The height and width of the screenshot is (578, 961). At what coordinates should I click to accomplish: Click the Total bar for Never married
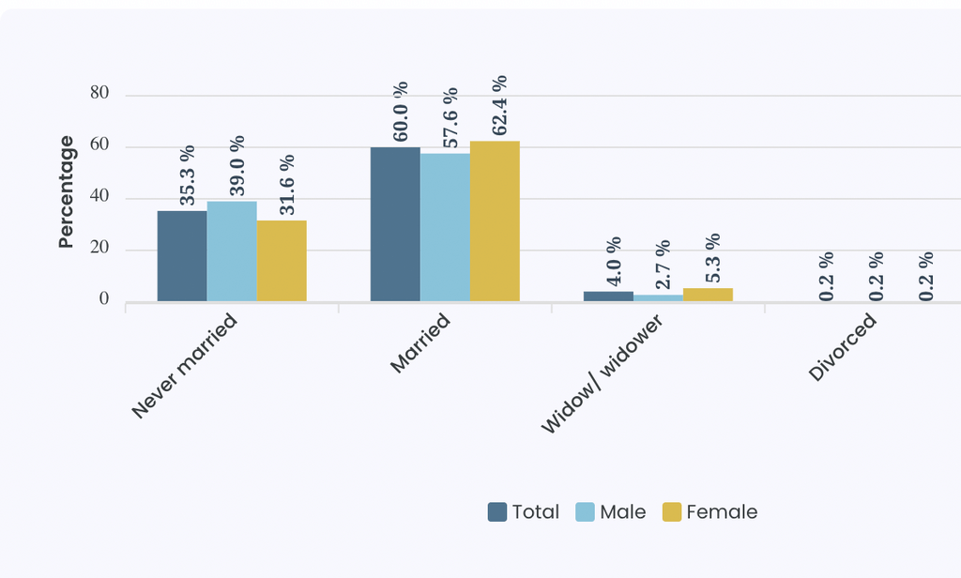182,256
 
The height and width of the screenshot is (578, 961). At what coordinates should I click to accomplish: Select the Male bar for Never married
232,251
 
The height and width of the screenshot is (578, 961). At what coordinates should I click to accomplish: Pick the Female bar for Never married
282,261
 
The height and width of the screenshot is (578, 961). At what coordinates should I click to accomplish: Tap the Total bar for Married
395,224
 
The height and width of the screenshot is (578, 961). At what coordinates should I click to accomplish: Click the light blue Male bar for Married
445,227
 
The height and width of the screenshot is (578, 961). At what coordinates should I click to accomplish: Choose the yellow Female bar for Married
495,221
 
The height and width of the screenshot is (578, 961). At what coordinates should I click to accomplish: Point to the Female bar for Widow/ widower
708,295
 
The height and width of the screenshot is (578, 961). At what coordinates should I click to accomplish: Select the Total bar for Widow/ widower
608,297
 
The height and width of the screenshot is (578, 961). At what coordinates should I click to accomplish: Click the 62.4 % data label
499,105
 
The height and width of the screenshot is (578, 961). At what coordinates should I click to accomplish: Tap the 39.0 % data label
237,165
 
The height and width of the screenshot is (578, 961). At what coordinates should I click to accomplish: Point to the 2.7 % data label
663,265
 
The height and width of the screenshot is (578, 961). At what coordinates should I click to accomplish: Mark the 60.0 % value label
400,112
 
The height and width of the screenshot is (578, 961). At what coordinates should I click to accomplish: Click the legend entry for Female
710,511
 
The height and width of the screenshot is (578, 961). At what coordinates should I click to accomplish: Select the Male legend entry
611,511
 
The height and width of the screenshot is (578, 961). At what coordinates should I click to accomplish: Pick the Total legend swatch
497,511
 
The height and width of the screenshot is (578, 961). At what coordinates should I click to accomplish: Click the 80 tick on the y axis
99,93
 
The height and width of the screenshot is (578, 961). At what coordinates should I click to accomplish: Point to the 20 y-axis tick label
99,247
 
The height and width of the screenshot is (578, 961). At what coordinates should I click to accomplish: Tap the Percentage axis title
66,191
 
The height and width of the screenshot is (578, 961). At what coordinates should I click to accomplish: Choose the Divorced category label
842,347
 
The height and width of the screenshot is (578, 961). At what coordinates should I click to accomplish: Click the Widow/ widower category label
602,373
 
